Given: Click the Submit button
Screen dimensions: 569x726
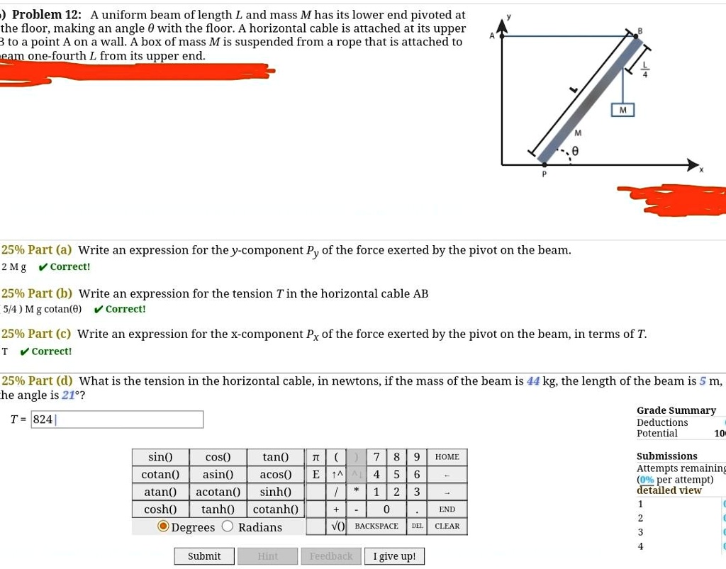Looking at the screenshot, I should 204,556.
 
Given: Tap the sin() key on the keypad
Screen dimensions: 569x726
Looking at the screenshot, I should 160,457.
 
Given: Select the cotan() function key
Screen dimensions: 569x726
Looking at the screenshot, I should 160,474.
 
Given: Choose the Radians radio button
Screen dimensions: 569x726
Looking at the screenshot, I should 228,526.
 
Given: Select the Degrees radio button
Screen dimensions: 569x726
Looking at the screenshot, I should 164,526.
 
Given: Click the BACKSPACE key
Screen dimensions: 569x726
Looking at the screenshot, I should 376,526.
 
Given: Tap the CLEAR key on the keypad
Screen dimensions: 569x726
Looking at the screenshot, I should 447,526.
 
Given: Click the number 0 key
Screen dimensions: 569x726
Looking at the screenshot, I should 386,509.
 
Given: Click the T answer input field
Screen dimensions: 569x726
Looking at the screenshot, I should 118,419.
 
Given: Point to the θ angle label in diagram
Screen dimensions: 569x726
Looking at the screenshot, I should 576,150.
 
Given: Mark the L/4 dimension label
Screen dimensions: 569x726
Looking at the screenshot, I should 645,72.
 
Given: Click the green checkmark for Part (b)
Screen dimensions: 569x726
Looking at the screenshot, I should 99,309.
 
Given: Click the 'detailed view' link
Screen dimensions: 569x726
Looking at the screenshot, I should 669,490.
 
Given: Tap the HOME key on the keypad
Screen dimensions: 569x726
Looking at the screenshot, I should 447,457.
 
